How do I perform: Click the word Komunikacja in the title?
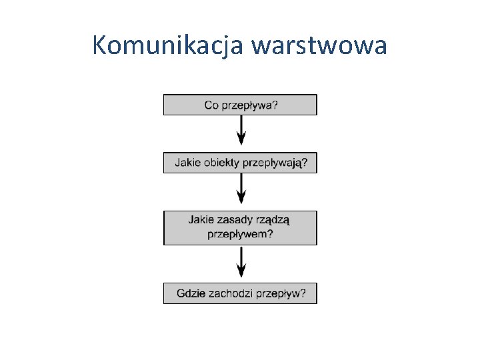pyautogui.click(x=169, y=46)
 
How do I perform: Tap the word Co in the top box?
pyautogui.click(x=211, y=105)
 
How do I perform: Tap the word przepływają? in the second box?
pyautogui.click(x=276, y=163)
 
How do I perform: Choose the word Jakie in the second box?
pyautogui.click(x=187, y=162)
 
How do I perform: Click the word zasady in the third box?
pyautogui.click(x=233, y=219)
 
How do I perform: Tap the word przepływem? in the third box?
pyautogui.click(x=240, y=234)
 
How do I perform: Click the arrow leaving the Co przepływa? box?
pyautogui.click(x=241, y=130)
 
